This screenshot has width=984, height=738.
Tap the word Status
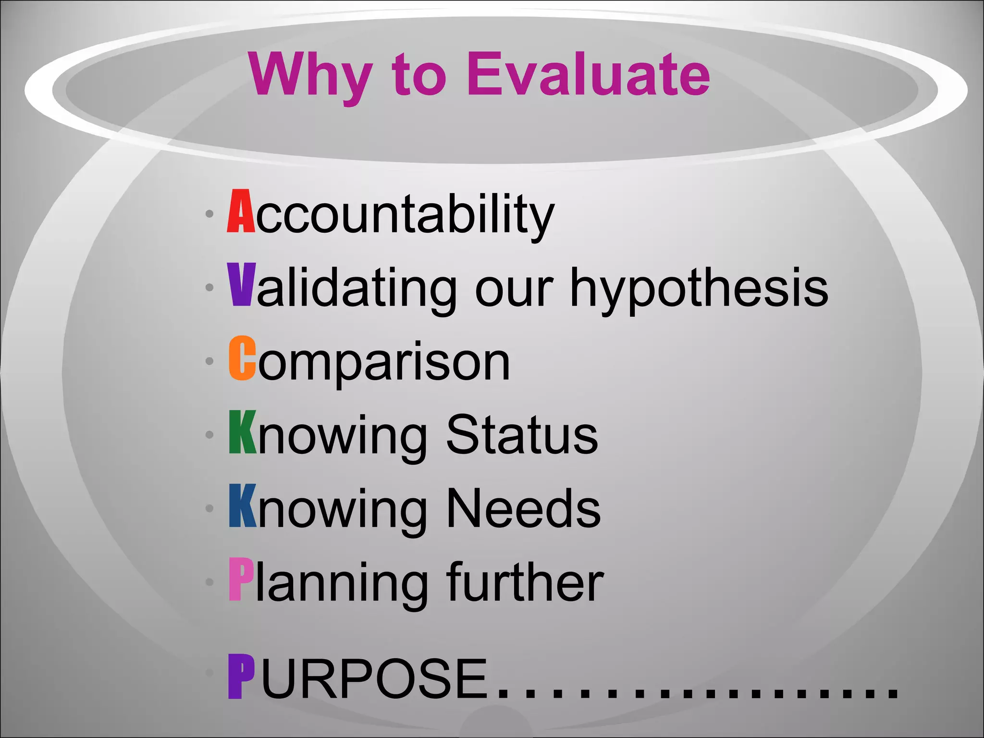(x=522, y=434)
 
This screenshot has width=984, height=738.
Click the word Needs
(x=523, y=508)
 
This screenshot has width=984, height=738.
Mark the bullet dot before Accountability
(x=209, y=214)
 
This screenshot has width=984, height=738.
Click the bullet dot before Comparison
(x=209, y=361)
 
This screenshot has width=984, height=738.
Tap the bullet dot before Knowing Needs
(x=209, y=508)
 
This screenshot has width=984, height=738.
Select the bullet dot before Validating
(x=209, y=287)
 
